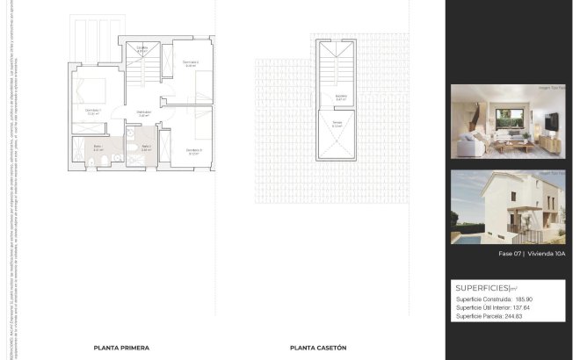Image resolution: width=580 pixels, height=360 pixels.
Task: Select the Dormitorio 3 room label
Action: (194, 151)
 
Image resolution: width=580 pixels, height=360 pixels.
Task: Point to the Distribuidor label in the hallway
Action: (142, 113)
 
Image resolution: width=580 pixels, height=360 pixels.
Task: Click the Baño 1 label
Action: (98, 148)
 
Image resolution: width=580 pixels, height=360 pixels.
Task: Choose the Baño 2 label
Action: (146, 148)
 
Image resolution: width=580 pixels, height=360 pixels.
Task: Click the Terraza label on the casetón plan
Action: (337, 124)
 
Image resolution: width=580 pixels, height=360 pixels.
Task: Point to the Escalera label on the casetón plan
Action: (340, 97)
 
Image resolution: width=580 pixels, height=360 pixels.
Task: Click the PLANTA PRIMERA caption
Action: (121, 348)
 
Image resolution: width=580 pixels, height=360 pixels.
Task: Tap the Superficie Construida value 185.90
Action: (525, 299)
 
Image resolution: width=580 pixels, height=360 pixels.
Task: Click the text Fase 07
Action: (511, 254)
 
